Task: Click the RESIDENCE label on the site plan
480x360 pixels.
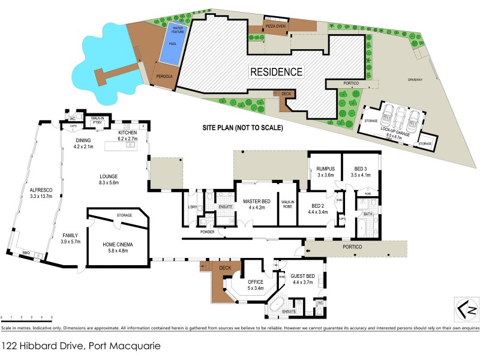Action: coord(276,71)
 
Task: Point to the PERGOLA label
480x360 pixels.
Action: coord(165,77)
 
